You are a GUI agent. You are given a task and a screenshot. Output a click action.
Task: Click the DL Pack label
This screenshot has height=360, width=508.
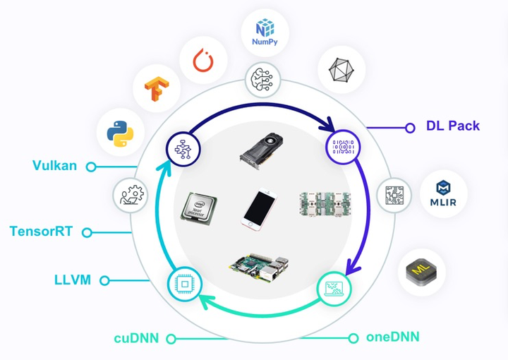[452, 126]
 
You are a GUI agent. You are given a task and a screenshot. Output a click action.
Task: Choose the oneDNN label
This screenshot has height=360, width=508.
[393, 337]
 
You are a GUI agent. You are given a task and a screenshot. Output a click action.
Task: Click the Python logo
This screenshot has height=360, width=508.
[121, 133]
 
